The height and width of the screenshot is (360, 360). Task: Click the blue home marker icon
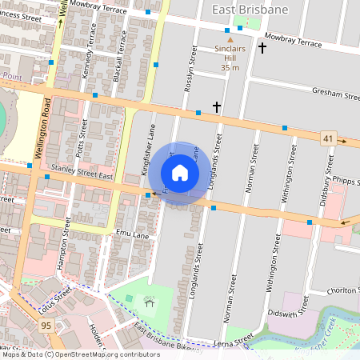[180, 173]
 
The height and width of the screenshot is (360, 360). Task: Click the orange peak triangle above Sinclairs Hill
[230, 39]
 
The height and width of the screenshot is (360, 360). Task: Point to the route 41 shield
[329, 138]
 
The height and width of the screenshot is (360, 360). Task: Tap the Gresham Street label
[336, 94]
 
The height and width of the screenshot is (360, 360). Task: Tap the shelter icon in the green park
[149, 301]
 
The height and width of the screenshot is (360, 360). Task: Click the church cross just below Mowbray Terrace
[262, 48]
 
